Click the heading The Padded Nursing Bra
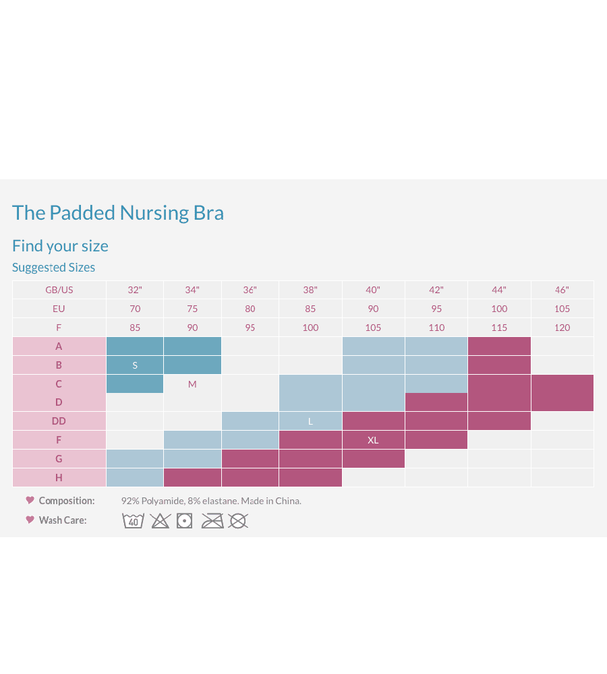point(118,213)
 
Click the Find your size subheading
point(60,246)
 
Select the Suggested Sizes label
point(53,268)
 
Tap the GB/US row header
point(59,290)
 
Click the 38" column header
point(310,290)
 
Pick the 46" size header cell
point(562,290)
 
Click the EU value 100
point(499,309)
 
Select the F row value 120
point(562,328)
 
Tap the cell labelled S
point(135,365)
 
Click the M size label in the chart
point(192,384)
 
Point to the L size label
point(310,421)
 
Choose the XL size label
point(373,440)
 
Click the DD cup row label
point(59,421)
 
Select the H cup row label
point(59,478)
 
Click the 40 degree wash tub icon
point(134,521)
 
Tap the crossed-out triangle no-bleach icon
point(160,521)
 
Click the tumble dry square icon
point(184,521)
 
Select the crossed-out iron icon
point(212,521)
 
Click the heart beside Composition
point(30,500)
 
